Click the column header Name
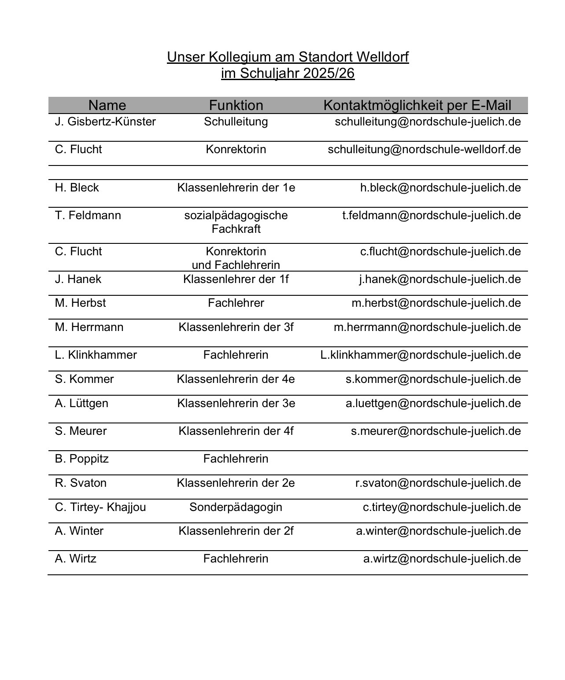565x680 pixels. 107,105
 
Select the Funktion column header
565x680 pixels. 236,105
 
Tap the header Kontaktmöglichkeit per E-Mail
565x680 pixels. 417,105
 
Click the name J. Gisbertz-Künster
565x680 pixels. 105,121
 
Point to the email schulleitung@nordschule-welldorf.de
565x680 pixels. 424,149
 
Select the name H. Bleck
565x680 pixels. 77,187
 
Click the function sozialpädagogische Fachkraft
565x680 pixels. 236,222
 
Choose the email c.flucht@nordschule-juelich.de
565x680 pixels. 440,251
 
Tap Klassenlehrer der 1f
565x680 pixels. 236,279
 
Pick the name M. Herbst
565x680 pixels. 81,303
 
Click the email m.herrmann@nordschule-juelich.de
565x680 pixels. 427,327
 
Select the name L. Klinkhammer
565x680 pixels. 96,355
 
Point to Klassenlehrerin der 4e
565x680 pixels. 236,379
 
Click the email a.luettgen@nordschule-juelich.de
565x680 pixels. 433,403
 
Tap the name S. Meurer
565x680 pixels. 81,431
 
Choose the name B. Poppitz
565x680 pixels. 82,459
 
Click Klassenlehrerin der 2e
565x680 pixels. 236,483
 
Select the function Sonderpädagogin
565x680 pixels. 236,507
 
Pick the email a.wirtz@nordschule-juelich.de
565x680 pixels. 442,559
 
